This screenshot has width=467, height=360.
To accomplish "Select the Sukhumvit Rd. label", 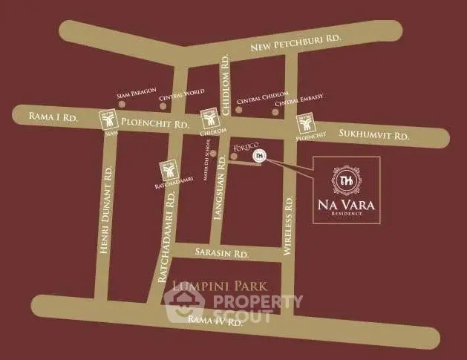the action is [x=373, y=135].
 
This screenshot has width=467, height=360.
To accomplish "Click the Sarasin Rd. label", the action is [x=220, y=252].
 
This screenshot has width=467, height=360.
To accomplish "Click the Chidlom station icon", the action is [x=211, y=120].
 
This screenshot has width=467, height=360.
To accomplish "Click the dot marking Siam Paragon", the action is [x=122, y=105].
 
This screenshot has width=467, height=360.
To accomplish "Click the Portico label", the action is [x=244, y=148].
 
